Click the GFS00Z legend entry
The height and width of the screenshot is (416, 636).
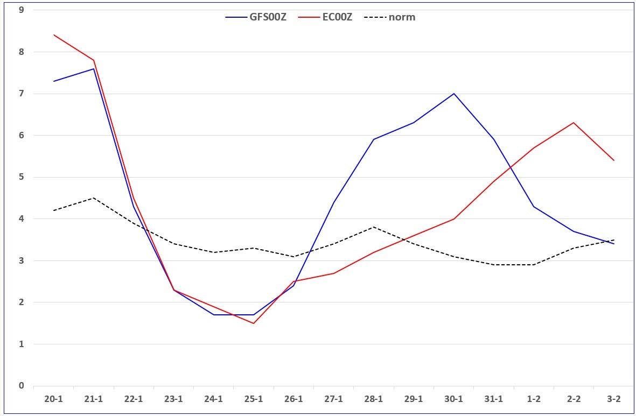[x=256, y=17]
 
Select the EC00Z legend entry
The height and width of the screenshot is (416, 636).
[x=325, y=17]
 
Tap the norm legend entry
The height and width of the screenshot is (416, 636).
[x=390, y=17]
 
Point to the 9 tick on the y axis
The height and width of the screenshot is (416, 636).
[x=22, y=10]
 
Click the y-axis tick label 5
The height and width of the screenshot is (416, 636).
[x=22, y=177]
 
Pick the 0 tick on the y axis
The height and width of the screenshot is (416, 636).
[x=22, y=385]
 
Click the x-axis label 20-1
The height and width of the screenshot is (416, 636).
[x=53, y=399]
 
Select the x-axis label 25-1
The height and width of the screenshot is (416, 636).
[x=254, y=399]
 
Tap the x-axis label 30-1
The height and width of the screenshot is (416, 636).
[x=453, y=399]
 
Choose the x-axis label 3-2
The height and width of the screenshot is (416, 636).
[x=614, y=399]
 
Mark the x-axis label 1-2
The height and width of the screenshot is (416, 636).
[x=534, y=399]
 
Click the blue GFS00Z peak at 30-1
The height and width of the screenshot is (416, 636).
[x=454, y=94]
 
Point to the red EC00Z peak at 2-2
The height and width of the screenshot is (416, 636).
[x=574, y=123]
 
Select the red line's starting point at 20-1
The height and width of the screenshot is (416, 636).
[x=53, y=35]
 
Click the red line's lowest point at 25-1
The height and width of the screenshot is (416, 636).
[x=254, y=323]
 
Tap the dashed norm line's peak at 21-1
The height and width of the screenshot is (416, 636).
[x=94, y=198]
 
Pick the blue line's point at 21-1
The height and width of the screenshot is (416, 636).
[x=94, y=68]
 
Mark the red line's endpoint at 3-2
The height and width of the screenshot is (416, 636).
[x=614, y=160]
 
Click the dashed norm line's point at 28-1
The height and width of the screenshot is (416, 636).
[x=374, y=227]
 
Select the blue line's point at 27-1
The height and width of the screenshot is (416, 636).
[x=333, y=202]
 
